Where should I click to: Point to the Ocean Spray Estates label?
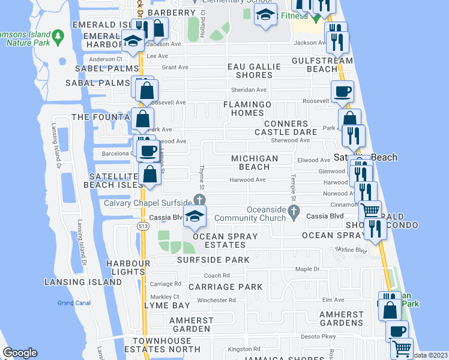tap(225, 241)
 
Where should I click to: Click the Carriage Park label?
tap(226, 287)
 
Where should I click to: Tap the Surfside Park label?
tap(213, 260)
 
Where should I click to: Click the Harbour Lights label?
tap(128, 268)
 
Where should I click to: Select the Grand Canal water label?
tap(74, 303)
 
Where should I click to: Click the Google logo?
tap(20, 353)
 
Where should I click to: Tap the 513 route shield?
tap(142, 226)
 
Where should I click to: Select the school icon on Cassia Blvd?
tap(195, 218)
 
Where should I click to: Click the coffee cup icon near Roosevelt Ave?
tap(342, 92)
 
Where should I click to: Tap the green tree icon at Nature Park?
tap(58, 37)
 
